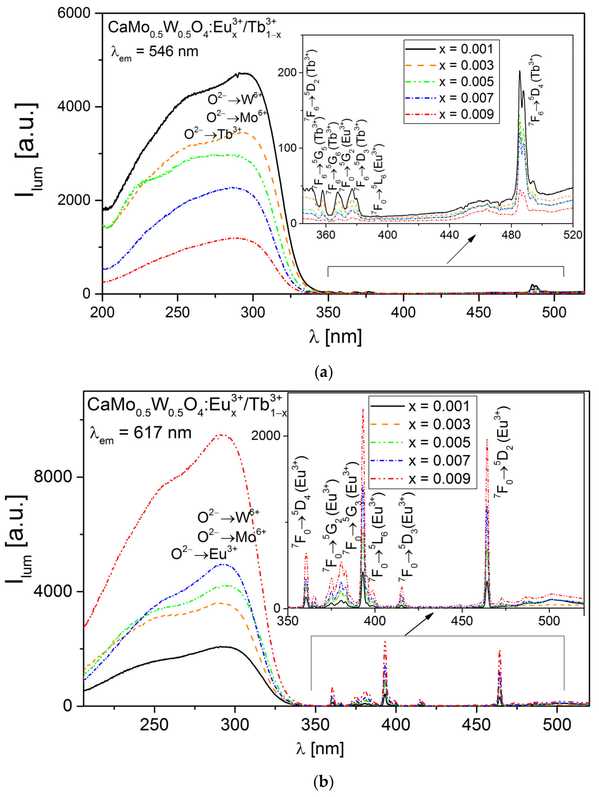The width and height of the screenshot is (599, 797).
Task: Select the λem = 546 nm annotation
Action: [155, 51]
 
